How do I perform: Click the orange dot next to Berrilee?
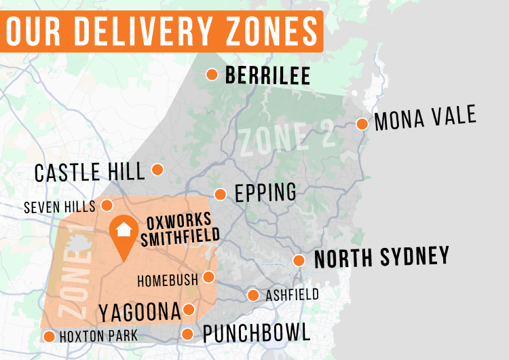[212, 74]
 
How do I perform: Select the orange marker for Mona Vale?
[362, 124]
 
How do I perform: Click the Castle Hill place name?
[90, 172]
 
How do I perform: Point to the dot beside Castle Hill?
[157, 169]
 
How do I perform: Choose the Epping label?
[265, 192]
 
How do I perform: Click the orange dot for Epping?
[220, 194]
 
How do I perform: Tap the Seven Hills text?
[60, 206]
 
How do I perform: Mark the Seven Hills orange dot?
[107, 204]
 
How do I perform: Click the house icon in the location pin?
[124, 230]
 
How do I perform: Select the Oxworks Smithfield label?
[180, 228]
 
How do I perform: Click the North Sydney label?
[381, 257]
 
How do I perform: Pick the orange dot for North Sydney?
[299, 260]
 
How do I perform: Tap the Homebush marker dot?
[208, 276]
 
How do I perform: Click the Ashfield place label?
[292, 295]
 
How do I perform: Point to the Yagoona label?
[140, 312]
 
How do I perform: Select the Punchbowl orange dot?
[187, 334]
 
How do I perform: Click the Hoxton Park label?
[98, 336]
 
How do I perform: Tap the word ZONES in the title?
[263, 29]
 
